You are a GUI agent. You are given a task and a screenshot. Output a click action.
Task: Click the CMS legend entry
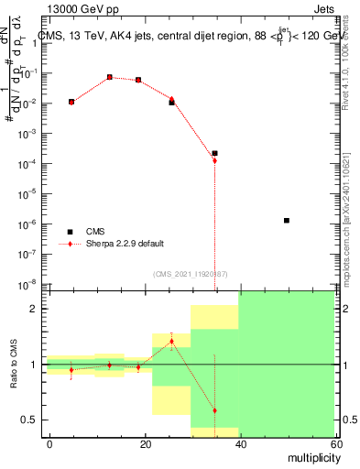pyautogui.click(x=94, y=232)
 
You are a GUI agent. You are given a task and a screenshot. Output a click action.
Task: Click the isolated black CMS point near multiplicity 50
pyautogui.click(x=287, y=220)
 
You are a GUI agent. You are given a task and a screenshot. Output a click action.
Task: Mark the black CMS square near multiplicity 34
pyautogui.click(x=214, y=153)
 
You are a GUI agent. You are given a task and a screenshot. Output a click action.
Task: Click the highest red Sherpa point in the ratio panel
pyautogui.click(x=171, y=342)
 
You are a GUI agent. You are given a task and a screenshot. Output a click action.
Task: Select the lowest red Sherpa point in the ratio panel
pyautogui.click(x=214, y=410)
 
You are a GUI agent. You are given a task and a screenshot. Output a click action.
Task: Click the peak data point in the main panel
pyautogui.click(x=110, y=78)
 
